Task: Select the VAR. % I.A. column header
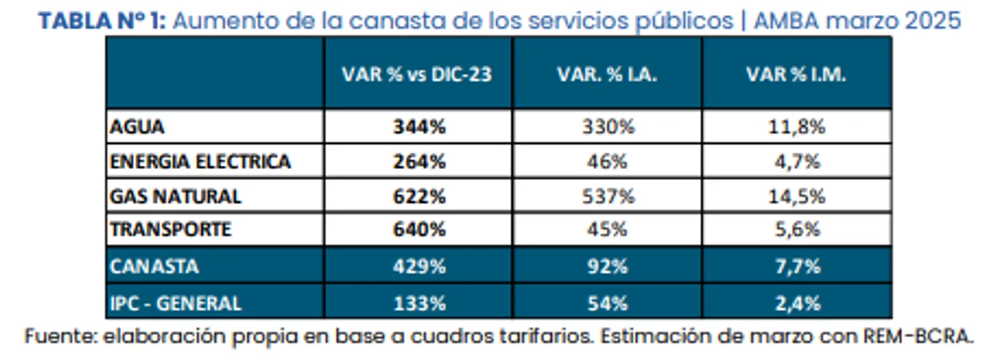pos(607,74)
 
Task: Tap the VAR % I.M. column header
pos(796,74)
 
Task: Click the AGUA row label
pos(138,127)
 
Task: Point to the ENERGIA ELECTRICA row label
pos(200,162)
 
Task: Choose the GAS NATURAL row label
pos(176,196)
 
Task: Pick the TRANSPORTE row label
pos(171,230)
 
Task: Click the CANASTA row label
pos(155,266)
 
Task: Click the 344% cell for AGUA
pos(419,127)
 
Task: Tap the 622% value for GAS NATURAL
pos(419,196)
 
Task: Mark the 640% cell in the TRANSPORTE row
pos(419,230)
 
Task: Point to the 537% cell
pos(607,196)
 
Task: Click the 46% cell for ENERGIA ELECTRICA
pos(607,162)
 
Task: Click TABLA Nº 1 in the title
pos(102,21)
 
